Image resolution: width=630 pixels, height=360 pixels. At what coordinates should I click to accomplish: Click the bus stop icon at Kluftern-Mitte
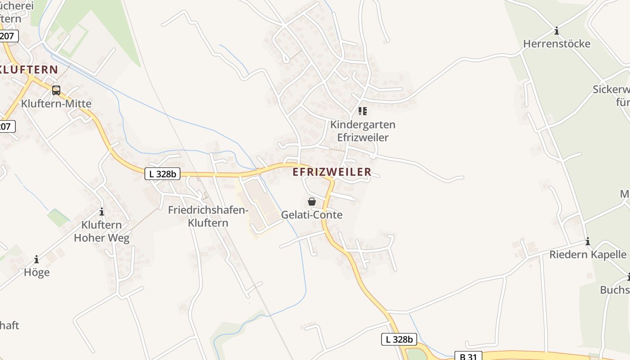[56, 90]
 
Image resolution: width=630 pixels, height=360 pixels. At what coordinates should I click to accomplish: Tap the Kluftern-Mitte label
[56, 103]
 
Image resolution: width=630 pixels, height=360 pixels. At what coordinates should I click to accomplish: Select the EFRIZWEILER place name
[332, 172]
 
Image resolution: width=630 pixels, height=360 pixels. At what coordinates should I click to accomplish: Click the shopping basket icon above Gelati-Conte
[311, 202]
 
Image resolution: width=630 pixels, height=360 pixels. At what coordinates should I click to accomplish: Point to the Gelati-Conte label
[311, 215]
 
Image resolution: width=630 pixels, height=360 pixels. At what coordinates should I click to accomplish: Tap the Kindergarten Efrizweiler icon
[362, 111]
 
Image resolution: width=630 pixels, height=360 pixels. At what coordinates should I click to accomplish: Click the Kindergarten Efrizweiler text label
[363, 131]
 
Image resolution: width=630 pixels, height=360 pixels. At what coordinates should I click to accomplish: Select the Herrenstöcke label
[557, 44]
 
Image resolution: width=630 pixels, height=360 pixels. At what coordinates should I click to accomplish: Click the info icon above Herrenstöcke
[557, 31]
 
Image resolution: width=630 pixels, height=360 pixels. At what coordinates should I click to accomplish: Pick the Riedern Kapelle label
[588, 255]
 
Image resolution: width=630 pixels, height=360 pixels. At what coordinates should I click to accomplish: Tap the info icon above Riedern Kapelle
[588, 242]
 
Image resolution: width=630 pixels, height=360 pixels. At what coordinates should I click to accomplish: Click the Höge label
[36, 272]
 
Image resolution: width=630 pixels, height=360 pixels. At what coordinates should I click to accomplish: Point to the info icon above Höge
[36, 260]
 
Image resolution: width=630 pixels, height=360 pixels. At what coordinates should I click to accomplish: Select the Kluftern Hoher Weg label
[102, 231]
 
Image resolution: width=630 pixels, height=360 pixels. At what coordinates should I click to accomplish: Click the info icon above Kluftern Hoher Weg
[102, 211]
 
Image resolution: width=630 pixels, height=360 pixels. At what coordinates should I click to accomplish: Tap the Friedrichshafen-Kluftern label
[208, 216]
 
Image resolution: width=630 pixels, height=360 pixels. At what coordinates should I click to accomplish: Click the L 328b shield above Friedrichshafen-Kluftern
[162, 174]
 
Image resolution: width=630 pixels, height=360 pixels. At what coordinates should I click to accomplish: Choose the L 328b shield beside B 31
[399, 339]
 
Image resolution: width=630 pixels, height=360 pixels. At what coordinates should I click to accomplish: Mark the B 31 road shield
[468, 356]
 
